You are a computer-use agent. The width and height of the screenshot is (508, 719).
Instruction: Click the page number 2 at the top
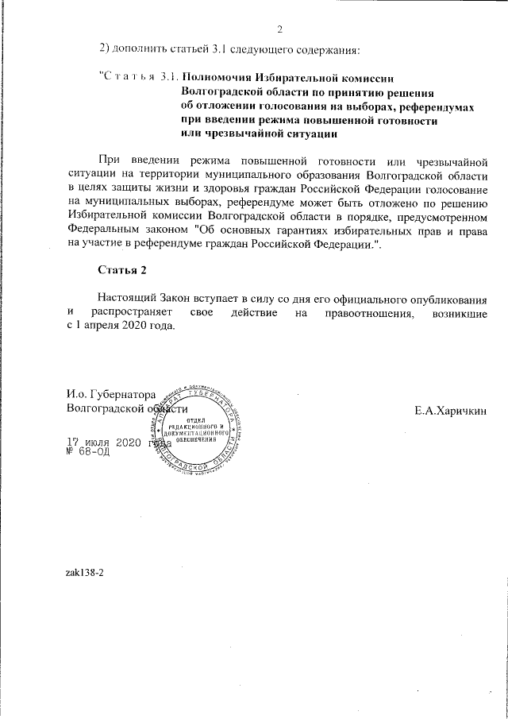(280, 31)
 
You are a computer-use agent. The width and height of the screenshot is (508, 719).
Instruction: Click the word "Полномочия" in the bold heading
(217, 77)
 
